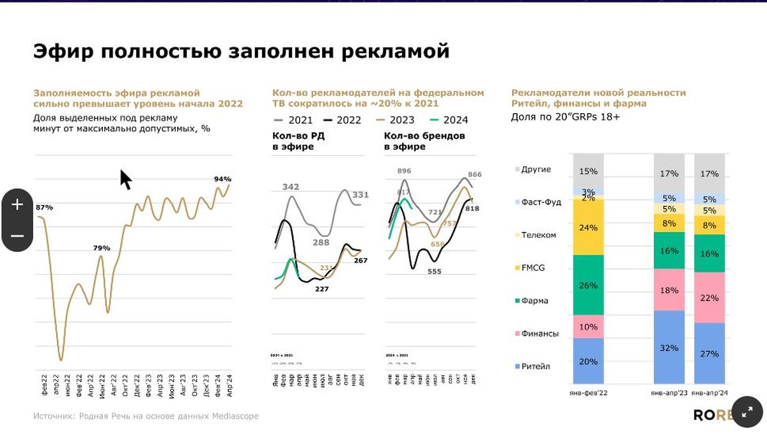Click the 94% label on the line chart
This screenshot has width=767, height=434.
tap(222, 179)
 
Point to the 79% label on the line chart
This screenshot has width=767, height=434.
tap(102, 248)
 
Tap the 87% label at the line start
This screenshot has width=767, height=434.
tap(44, 207)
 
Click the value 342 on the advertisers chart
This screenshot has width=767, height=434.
tap(291, 187)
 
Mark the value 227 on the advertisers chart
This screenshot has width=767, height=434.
tap(322, 289)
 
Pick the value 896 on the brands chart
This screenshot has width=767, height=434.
tap(404, 171)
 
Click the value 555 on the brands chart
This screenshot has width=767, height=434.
tap(435, 271)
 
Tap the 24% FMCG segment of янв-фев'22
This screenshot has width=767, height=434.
tap(589, 227)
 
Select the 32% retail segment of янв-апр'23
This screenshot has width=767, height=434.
tap(669, 349)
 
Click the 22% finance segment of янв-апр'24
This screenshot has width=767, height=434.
tap(709, 297)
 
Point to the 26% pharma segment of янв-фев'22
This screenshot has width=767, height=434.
tap(589, 284)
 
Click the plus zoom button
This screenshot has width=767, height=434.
tap(17, 205)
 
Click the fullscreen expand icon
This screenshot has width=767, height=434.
tap(747, 412)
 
